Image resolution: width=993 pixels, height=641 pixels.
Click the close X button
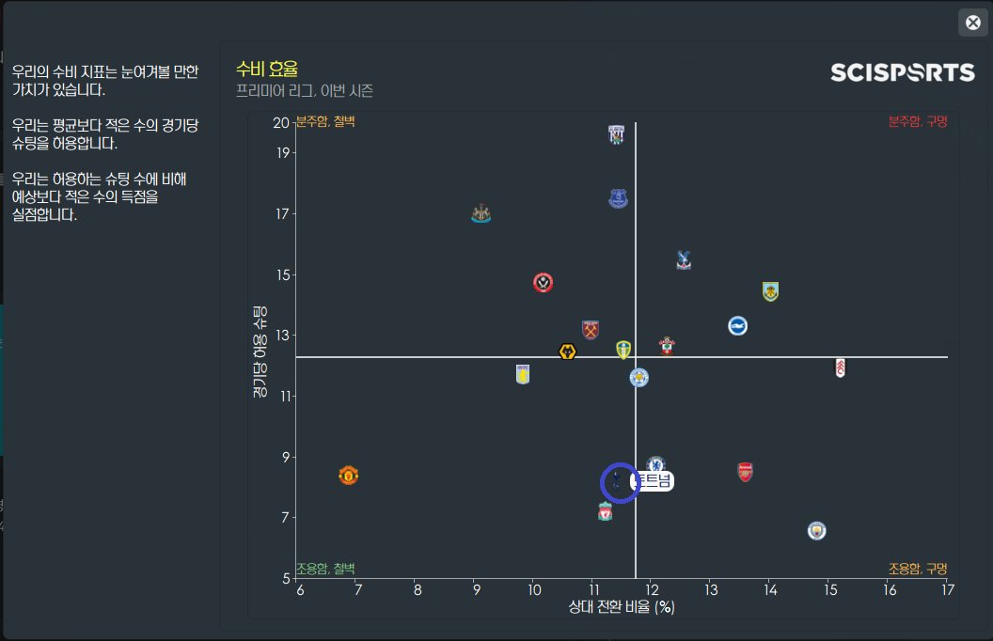tap(973, 23)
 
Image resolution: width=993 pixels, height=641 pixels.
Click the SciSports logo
tap(902, 73)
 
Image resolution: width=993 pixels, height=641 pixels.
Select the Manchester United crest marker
tap(348, 475)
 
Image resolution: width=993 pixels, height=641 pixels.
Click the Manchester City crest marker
tap(816, 531)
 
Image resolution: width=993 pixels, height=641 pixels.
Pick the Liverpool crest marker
tap(606, 512)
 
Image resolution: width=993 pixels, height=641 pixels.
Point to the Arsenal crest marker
tap(746, 472)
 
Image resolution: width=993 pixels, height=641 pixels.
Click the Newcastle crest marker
tap(481, 213)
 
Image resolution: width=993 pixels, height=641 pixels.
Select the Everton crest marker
tap(618, 198)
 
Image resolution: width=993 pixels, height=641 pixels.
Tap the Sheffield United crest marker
tap(543, 282)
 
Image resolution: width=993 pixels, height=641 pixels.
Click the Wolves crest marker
tap(567, 352)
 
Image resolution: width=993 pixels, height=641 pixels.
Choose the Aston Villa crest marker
tap(523, 374)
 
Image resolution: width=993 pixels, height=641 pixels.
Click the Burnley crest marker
tap(770, 291)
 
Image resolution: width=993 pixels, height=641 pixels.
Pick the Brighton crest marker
tap(737, 325)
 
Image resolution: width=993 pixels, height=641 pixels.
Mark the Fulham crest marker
tap(840, 367)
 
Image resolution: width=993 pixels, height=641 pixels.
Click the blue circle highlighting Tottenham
tap(621, 482)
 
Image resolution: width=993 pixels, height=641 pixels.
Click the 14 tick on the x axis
tap(770, 589)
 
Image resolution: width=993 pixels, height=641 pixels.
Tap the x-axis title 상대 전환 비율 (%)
tap(622, 607)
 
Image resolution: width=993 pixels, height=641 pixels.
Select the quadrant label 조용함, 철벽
tap(325, 569)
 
